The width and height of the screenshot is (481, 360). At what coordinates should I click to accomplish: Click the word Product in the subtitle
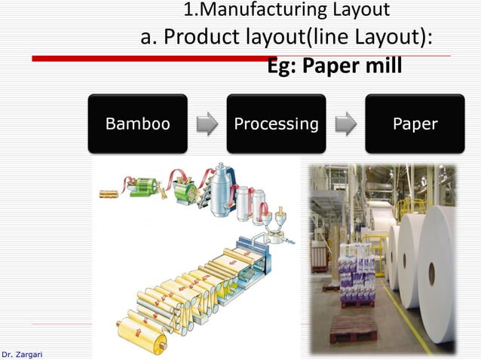pos(201,37)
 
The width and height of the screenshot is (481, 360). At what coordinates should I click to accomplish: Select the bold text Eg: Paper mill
pos(335,66)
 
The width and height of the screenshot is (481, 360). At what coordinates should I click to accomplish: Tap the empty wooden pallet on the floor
pos(352,329)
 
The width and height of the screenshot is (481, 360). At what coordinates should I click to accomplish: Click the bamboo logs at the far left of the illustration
pos(110,194)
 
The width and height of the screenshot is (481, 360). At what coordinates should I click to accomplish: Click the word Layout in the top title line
pos(360,11)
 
